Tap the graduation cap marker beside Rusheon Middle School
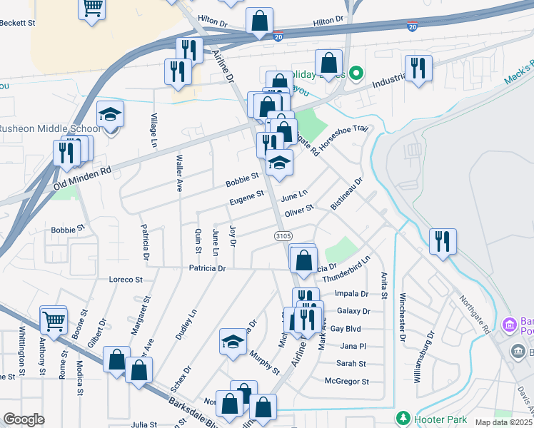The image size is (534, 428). click(x=111, y=116)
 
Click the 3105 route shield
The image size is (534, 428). click(x=282, y=235)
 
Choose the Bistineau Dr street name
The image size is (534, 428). click(x=347, y=193)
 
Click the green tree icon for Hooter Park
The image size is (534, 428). click(x=403, y=417)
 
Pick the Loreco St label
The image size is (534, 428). click(x=126, y=279)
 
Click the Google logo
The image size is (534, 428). click(x=24, y=419)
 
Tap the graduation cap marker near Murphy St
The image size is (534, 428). click(x=232, y=342)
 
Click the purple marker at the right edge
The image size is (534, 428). click(x=509, y=325)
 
